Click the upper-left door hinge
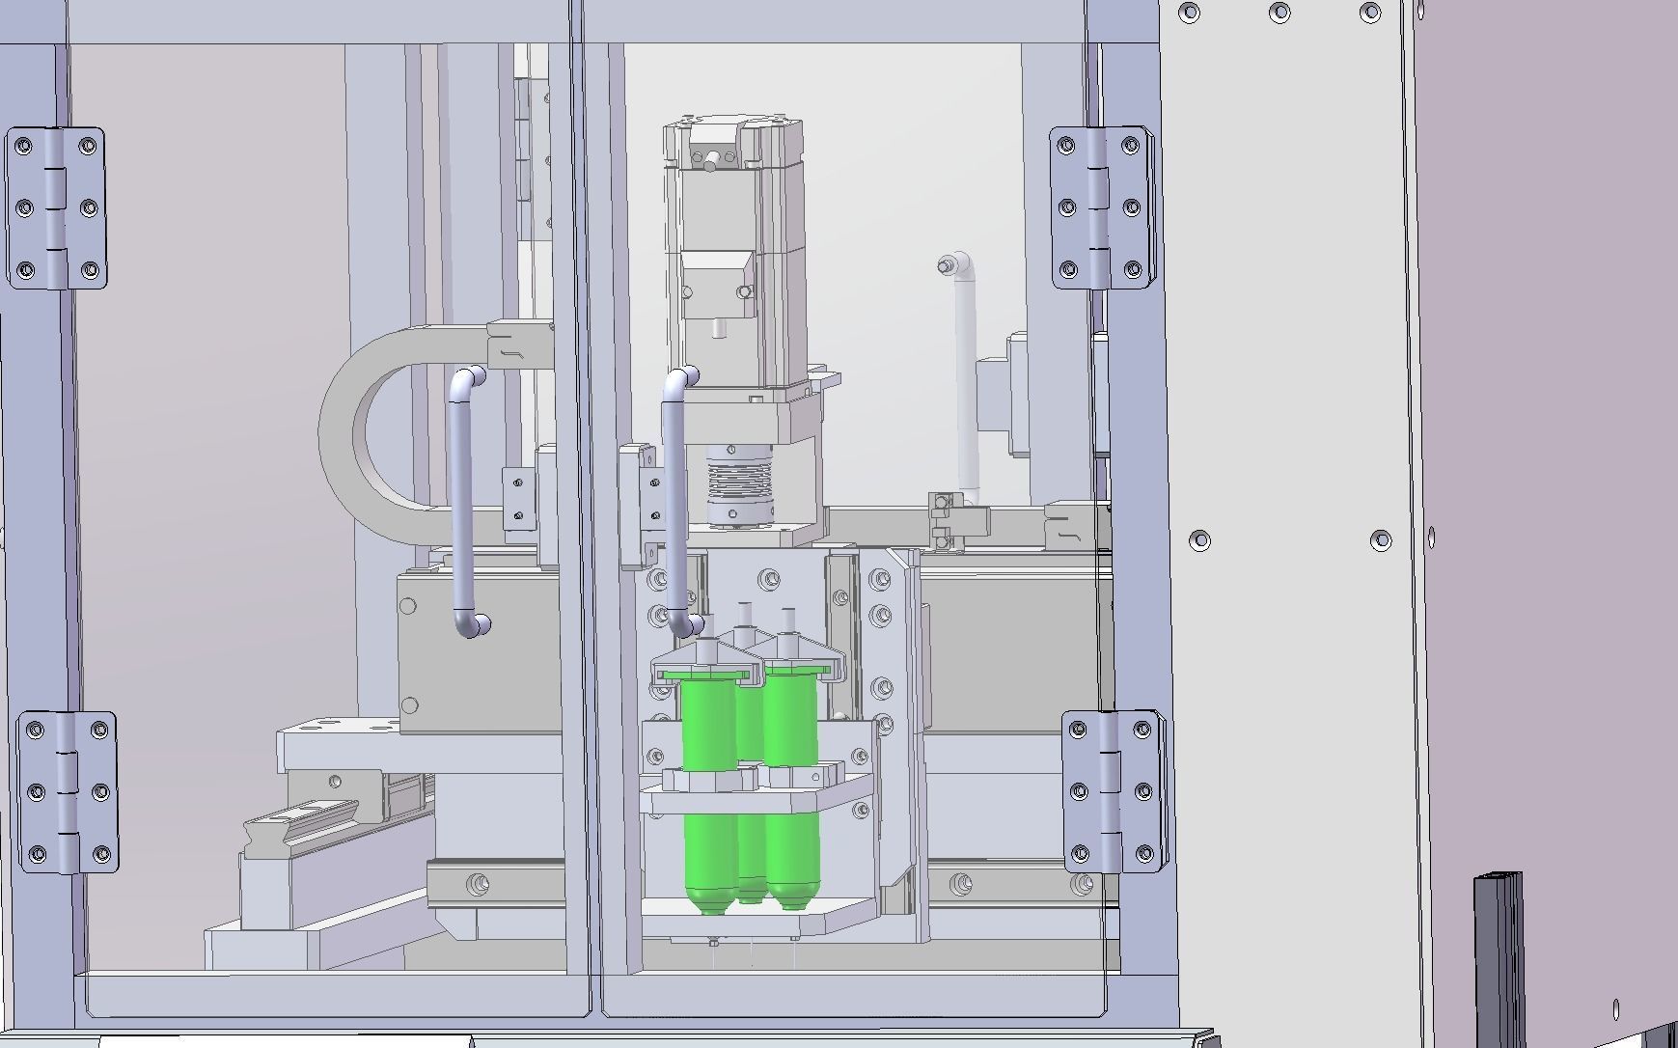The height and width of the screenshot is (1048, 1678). pyautogui.click(x=56, y=207)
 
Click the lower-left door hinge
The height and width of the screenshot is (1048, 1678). pyautogui.click(x=68, y=792)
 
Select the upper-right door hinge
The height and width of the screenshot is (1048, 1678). pyautogui.click(x=1100, y=207)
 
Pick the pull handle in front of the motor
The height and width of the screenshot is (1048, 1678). pyautogui.click(x=675, y=502)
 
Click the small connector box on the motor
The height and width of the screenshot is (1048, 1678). pyautogui.click(x=718, y=285)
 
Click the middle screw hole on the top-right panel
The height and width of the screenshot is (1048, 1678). pyautogui.click(x=1279, y=13)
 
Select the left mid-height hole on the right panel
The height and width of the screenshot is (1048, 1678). pyautogui.click(x=1199, y=539)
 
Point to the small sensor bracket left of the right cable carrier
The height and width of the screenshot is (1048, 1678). pyautogui.click(x=945, y=521)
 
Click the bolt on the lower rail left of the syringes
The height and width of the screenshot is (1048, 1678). pyautogui.click(x=477, y=883)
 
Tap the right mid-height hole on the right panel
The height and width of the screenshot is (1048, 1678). pyautogui.click(x=1381, y=539)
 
